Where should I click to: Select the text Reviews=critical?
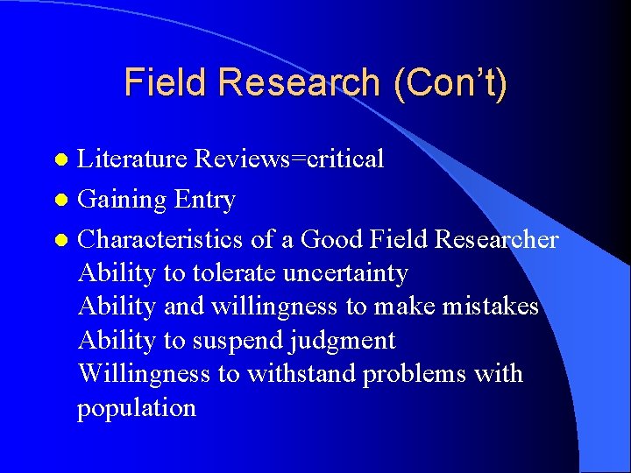[x=289, y=159]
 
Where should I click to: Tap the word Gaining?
[x=122, y=201]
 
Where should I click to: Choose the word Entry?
[x=204, y=200]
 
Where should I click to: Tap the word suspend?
[x=231, y=341]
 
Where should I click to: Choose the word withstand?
[x=301, y=374]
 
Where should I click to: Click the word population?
[x=137, y=408]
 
